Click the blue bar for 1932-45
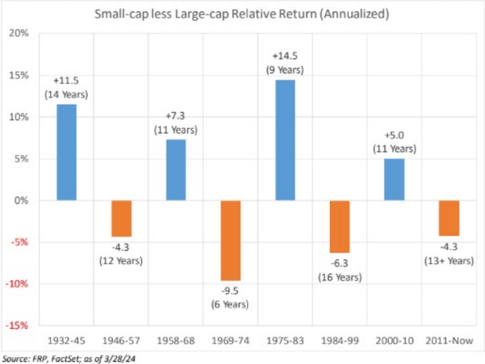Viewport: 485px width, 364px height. (66, 152)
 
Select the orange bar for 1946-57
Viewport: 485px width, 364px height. (121, 218)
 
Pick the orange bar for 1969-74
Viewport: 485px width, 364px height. (231, 240)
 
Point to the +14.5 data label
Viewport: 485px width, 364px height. (286, 56)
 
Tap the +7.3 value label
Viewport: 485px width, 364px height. (177, 115)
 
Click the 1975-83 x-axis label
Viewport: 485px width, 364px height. (286, 339)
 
